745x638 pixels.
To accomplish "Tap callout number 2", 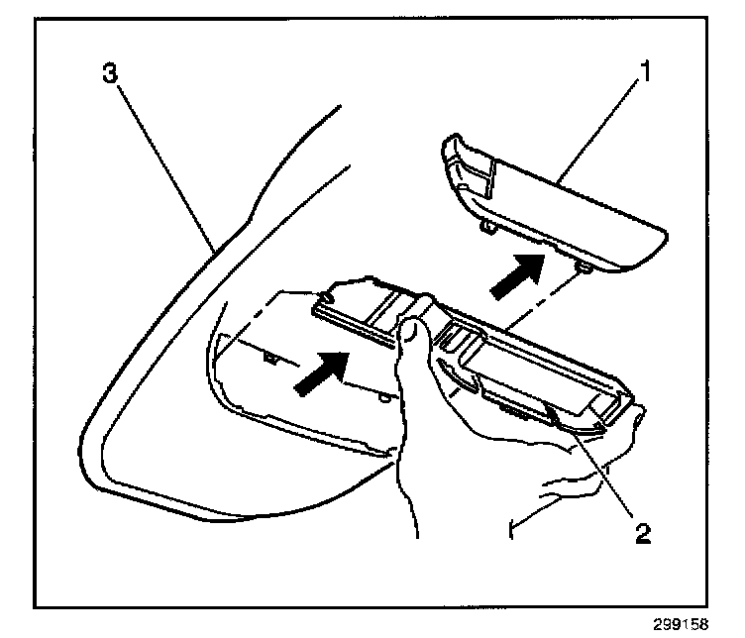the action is [643, 534].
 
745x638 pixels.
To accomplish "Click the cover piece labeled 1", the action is [555, 208].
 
